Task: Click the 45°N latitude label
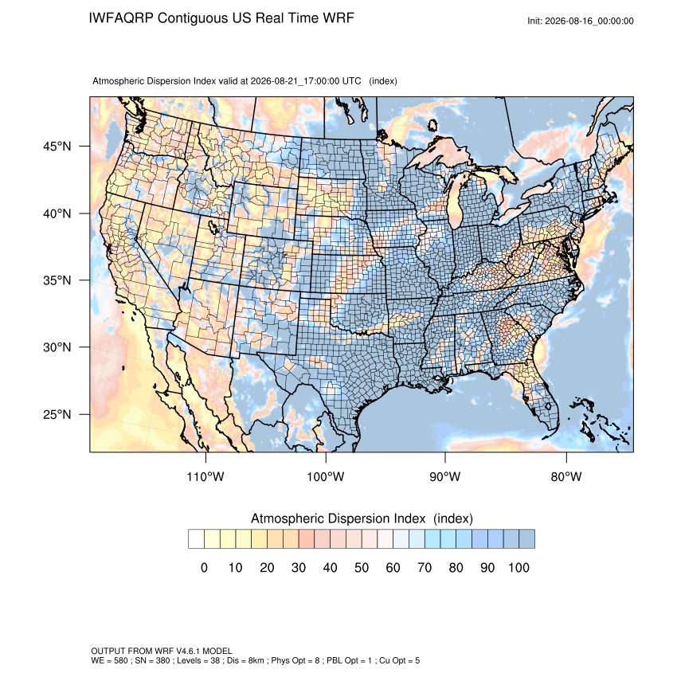tap(57, 147)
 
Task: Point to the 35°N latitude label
tap(57, 280)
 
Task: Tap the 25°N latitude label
tap(57, 414)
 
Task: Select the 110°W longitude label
tap(205, 476)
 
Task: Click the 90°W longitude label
tap(444, 476)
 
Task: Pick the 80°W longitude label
tap(566, 476)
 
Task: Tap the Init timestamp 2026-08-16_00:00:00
tap(589, 22)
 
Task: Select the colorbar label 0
tap(204, 567)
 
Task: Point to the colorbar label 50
tap(362, 567)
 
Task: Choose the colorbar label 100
tap(519, 567)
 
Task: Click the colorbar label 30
tap(299, 567)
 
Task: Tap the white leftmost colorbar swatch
tap(196, 539)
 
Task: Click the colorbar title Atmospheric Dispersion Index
tap(338, 519)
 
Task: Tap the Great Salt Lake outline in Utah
tap(213, 227)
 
